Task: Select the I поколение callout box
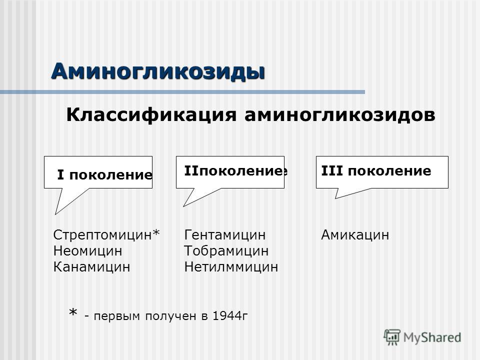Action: [98, 173]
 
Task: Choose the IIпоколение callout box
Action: [230, 172]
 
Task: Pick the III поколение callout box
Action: [382, 172]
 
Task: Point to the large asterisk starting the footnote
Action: [73, 314]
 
